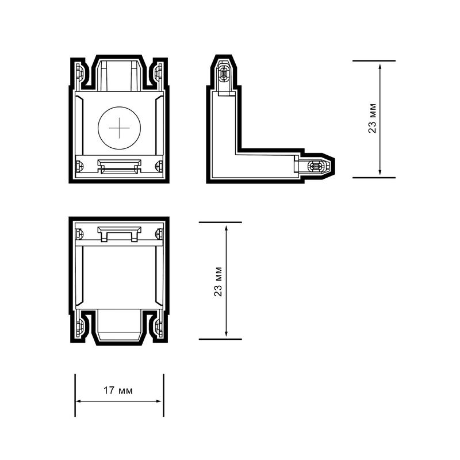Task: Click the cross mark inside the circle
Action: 119,128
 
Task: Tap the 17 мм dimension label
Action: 118,390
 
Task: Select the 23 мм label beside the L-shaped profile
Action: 373,119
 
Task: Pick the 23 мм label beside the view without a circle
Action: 218,281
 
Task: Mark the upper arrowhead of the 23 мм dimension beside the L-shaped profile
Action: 380,65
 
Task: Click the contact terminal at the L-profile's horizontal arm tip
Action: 316,166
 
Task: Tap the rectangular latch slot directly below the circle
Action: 119,166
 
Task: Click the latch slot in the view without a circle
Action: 119,234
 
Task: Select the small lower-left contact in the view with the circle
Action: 79,166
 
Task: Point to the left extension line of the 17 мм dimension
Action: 75,395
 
